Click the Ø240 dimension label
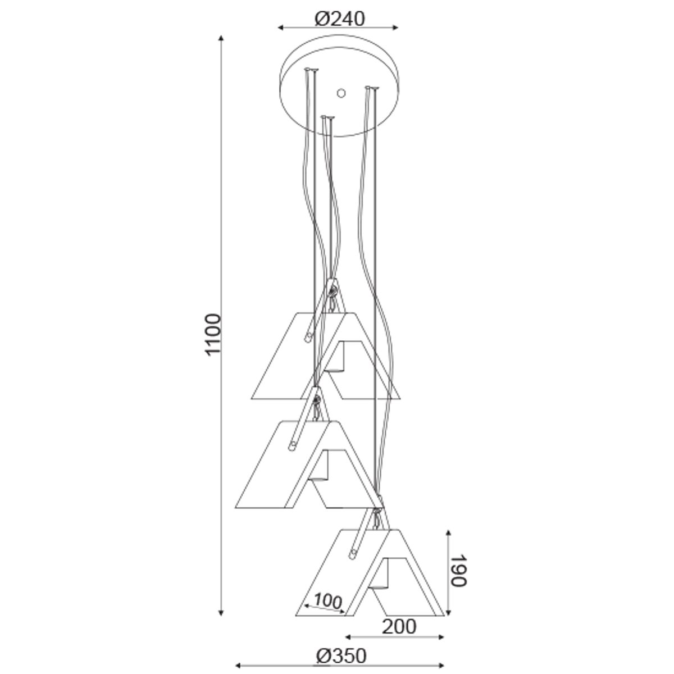340,19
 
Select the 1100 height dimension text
213,335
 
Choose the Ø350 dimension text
341,656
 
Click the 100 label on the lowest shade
327,601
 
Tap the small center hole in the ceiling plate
341,93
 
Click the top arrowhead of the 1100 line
221,38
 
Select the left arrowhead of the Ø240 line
281,28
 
